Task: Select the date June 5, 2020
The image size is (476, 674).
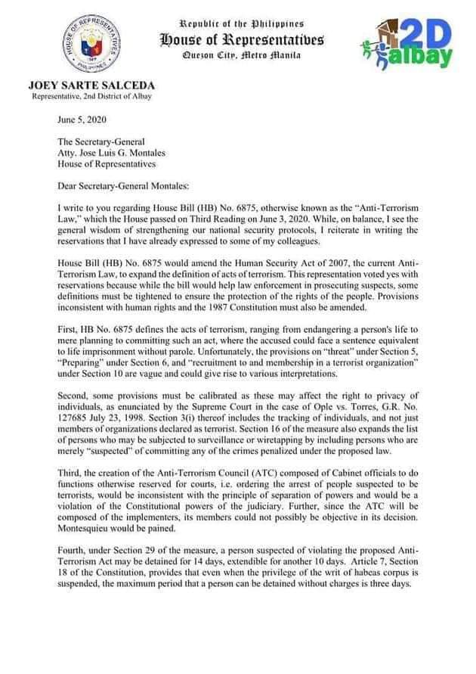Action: (79, 120)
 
